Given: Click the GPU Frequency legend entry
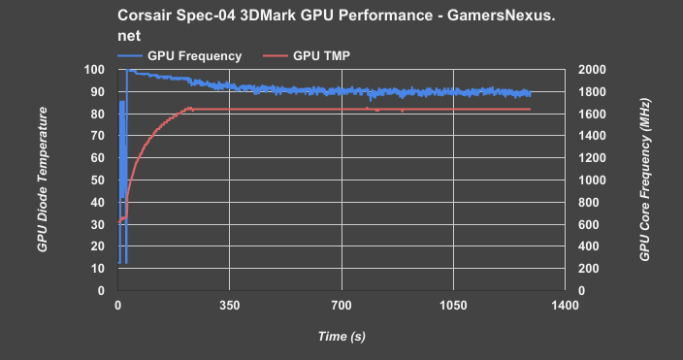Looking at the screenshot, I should click(x=194, y=55).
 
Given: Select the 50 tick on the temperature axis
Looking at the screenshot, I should click(x=97, y=180).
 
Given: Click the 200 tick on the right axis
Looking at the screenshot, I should click(x=589, y=269).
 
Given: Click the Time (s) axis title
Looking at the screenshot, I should click(x=341, y=336).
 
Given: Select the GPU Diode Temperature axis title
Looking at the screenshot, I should click(x=43, y=180).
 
